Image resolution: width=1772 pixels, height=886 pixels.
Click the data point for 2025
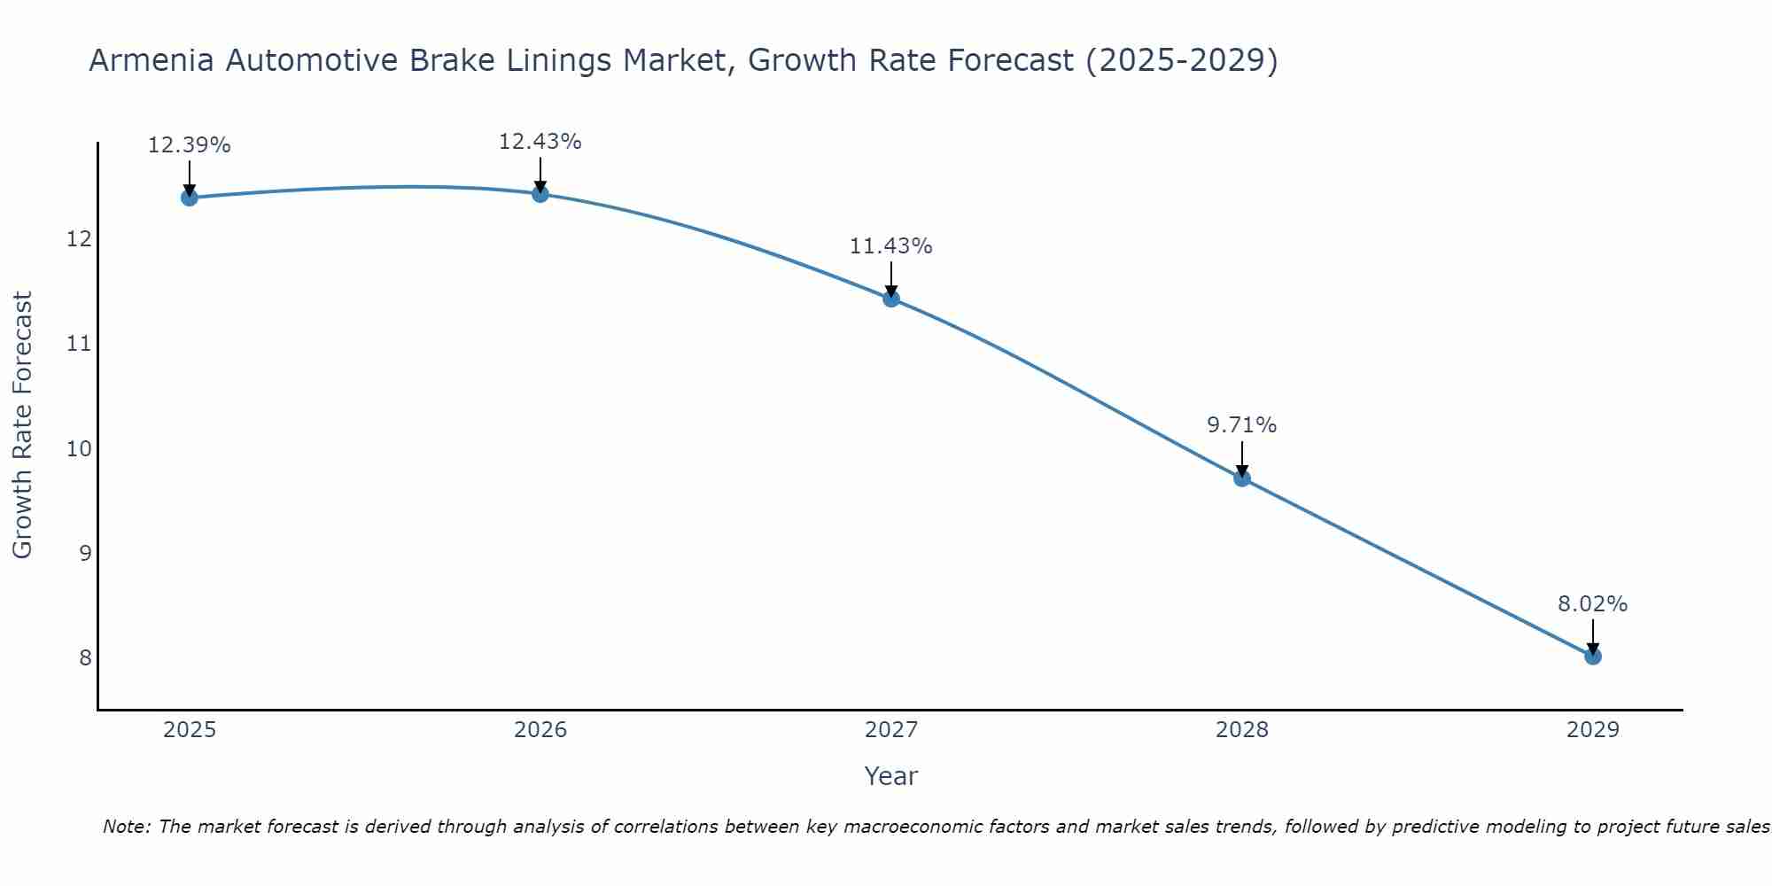pyautogui.click(x=189, y=197)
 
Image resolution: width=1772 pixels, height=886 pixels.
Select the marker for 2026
pyautogui.click(x=540, y=193)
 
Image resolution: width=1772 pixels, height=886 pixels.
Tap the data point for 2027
pyautogui.click(x=891, y=299)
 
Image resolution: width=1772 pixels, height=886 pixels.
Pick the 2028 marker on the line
pyautogui.click(x=1242, y=478)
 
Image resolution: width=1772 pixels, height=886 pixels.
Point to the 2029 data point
pyautogui.click(x=1593, y=657)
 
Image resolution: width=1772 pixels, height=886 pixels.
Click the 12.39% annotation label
pyautogui.click(x=189, y=145)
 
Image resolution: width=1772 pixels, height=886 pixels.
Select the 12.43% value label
pyautogui.click(x=540, y=142)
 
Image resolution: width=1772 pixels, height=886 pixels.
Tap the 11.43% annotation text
pyautogui.click(x=890, y=246)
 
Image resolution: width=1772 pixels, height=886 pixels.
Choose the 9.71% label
pyautogui.click(x=1241, y=425)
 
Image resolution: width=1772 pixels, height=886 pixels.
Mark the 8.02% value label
pyautogui.click(x=1592, y=604)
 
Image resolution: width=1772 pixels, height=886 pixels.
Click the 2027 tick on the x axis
pyautogui.click(x=891, y=730)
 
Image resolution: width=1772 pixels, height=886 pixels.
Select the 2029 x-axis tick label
pyautogui.click(x=1593, y=730)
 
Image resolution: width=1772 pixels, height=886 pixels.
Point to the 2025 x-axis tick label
pyautogui.click(x=190, y=730)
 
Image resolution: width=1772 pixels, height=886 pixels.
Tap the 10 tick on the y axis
pyautogui.click(x=79, y=448)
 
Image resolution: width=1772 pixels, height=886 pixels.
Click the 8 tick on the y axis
pyautogui.click(x=85, y=657)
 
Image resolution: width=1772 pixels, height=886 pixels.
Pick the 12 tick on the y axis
pyautogui.click(x=79, y=239)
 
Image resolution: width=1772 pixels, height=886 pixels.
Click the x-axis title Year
pyautogui.click(x=890, y=776)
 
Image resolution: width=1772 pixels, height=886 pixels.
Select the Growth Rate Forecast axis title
pyautogui.click(x=22, y=425)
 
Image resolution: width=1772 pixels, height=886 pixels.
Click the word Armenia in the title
pyautogui.click(x=152, y=61)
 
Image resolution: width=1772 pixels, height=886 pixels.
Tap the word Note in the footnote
pyautogui.click(x=126, y=827)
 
